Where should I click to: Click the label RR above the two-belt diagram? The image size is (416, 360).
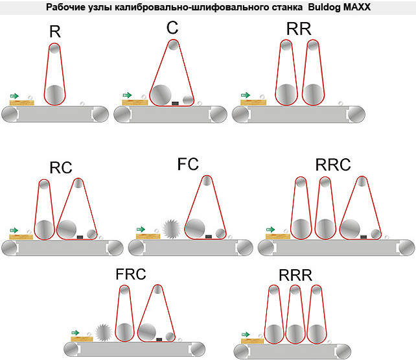[x=299, y=29]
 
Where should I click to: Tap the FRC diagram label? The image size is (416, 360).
[x=131, y=274]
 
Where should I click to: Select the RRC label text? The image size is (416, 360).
[x=333, y=165]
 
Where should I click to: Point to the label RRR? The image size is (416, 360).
[x=295, y=275]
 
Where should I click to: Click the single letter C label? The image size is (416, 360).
[x=172, y=27]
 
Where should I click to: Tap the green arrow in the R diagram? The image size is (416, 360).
[x=14, y=96]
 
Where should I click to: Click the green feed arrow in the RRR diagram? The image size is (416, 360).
[x=246, y=335]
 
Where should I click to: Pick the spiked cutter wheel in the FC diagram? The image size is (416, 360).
[x=172, y=229]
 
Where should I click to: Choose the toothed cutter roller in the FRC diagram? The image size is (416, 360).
[x=104, y=332]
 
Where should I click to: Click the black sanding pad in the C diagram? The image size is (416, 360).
[x=175, y=103]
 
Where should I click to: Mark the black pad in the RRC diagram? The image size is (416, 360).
[x=364, y=237]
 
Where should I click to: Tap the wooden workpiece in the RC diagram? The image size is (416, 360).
[x=21, y=237]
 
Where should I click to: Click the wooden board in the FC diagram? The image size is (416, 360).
[x=148, y=236]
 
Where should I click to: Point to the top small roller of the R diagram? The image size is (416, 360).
[x=54, y=49]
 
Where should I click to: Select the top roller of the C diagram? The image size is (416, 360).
[x=174, y=45]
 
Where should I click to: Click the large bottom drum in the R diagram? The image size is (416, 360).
[x=54, y=95]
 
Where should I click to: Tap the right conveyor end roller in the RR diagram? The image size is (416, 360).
[x=356, y=114]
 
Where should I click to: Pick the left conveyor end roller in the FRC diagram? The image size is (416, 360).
[x=72, y=349]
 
